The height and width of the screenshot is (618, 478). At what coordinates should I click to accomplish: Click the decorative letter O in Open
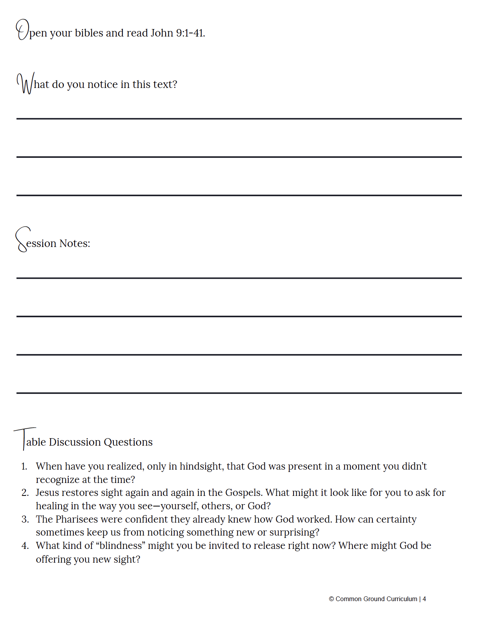pyautogui.click(x=22, y=30)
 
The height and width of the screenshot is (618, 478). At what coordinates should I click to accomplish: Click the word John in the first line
pyautogui.click(x=162, y=33)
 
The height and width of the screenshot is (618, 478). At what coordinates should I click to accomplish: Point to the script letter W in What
pyautogui.click(x=25, y=83)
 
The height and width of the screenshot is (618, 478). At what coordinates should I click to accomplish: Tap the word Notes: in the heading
pyautogui.click(x=75, y=243)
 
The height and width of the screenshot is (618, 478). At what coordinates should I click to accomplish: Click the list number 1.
pyautogui.click(x=24, y=466)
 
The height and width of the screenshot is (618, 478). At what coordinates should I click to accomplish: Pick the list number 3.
pyautogui.click(x=25, y=519)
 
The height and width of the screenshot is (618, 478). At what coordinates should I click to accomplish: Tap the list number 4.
pyautogui.click(x=25, y=546)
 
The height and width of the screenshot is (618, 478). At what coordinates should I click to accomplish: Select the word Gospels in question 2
pyautogui.click(x=244, y=493)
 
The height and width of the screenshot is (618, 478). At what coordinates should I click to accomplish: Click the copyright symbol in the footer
pyautogui.click(x=331, y=599)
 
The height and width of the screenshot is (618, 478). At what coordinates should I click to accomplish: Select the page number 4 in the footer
pyautogui.click(x=424, y=599)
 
